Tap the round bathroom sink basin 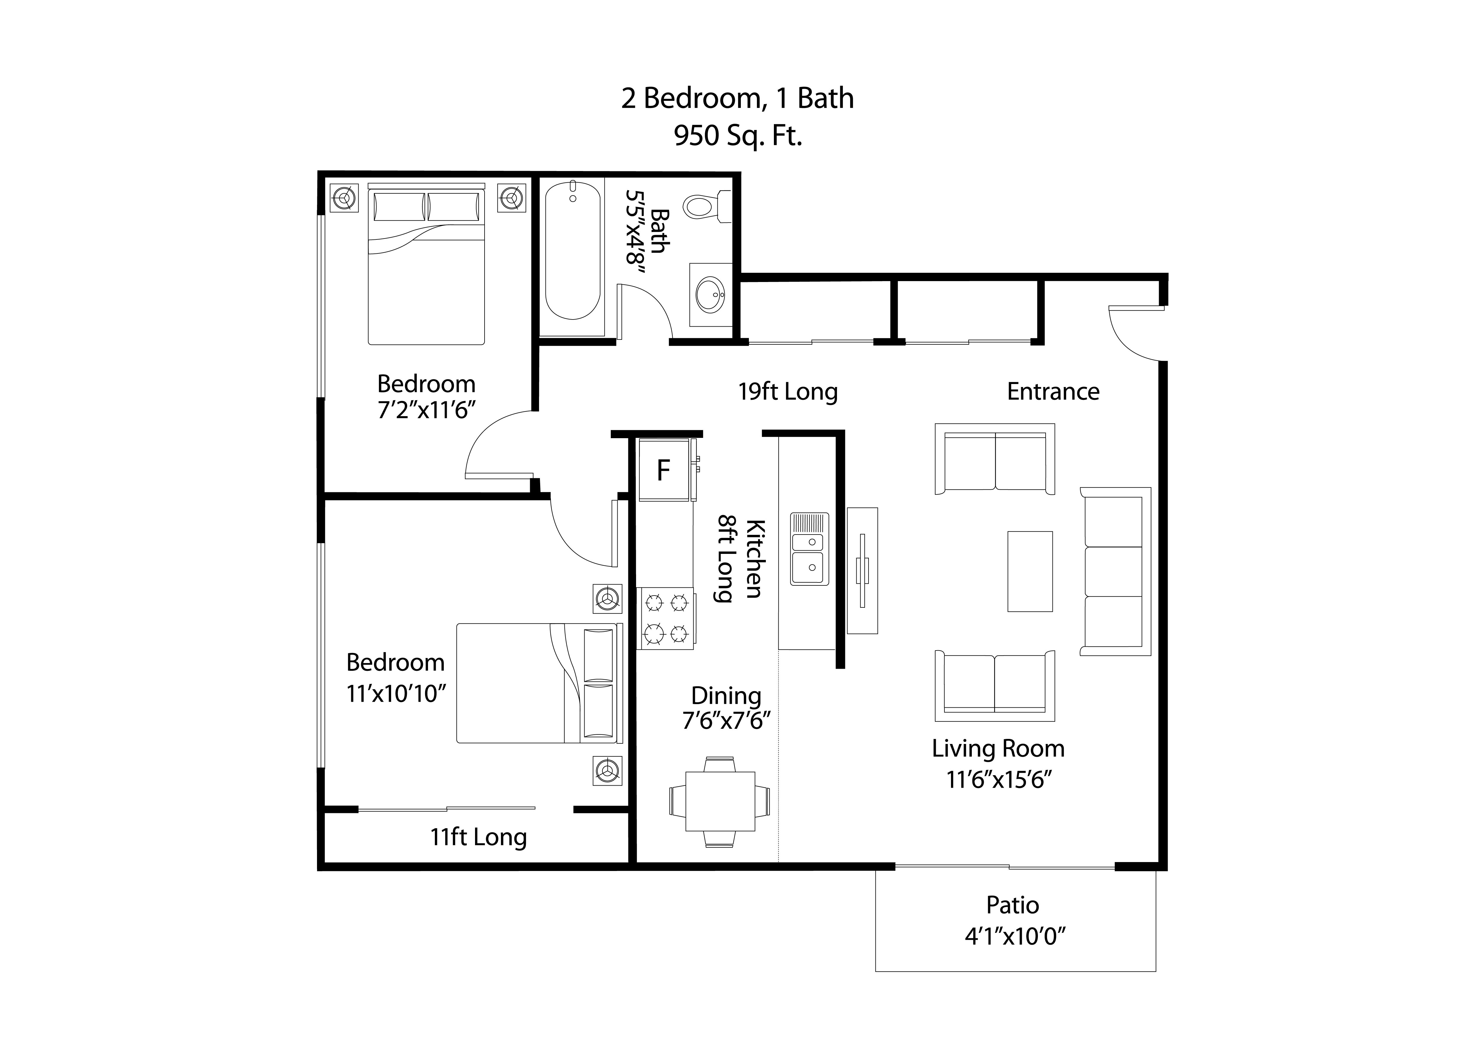pos(710,295)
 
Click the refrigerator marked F pos(663,470)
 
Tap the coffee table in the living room pos(1029,571)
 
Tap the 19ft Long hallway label pos(787,391)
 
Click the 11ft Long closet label pos(478,837)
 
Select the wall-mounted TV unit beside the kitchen pos(862,571)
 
